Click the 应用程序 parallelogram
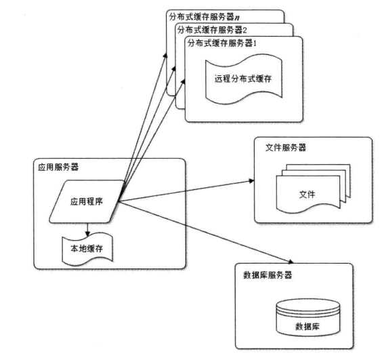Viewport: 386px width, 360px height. point(87,201)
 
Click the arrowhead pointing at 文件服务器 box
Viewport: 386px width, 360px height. point(250,182)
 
